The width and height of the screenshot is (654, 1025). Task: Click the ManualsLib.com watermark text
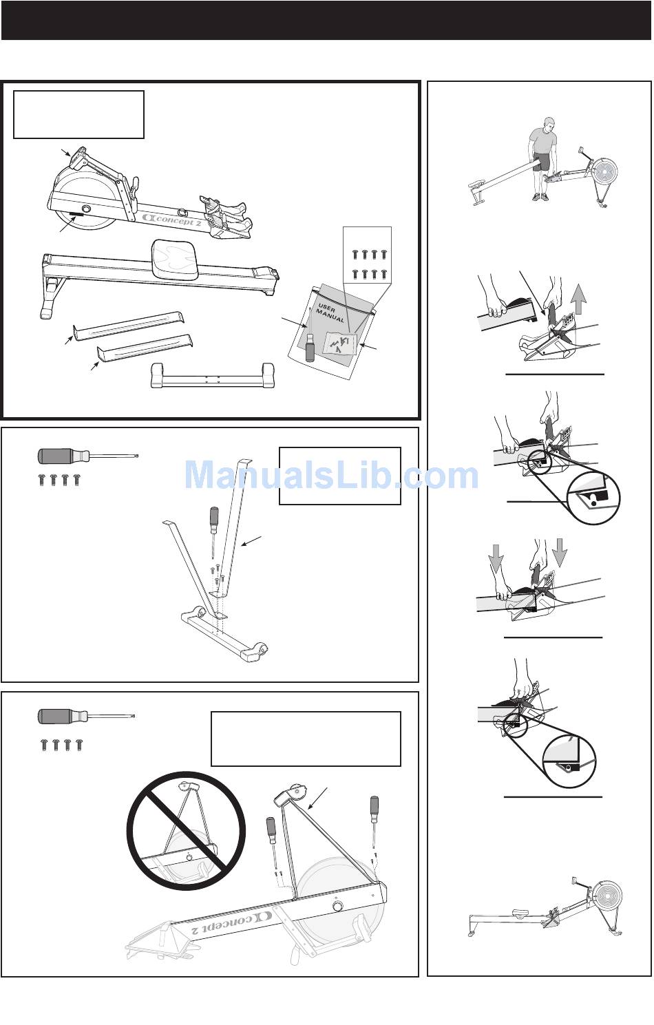coord(331,475)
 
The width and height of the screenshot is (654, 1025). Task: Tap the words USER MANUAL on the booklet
coord(330,313)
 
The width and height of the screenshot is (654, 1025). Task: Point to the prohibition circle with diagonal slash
coord(186,830)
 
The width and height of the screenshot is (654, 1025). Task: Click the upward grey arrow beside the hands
coord(579,298)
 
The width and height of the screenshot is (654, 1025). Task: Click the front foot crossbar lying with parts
coord(213,376)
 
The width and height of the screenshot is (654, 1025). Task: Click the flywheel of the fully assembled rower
coord(607,892)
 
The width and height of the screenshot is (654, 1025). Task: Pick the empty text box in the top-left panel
coord(78,114)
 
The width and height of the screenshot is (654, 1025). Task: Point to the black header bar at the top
coord(326,21)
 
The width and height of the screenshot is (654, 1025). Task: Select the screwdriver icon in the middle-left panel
coord(87,456)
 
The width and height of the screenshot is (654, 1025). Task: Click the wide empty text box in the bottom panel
coord(306,739)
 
